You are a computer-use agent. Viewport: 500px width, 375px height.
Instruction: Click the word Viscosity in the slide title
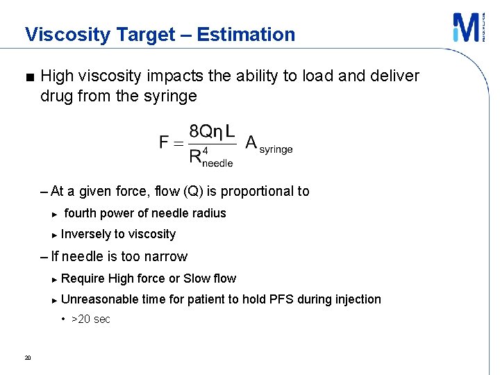tap(59, 34)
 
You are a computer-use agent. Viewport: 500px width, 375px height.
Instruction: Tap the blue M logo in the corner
tap(465, 28)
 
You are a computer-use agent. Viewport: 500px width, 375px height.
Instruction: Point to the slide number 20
tap(27, 358)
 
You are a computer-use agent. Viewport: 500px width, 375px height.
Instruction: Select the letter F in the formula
tap(165, 142)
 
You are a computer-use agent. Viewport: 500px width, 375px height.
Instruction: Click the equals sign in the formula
tap(178, 143)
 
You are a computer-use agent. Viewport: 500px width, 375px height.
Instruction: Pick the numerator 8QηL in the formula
tap(212, 131)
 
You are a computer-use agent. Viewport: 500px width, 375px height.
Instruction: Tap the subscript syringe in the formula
tap(276, 149)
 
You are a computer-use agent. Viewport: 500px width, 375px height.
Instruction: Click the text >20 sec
tap(90, 319)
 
